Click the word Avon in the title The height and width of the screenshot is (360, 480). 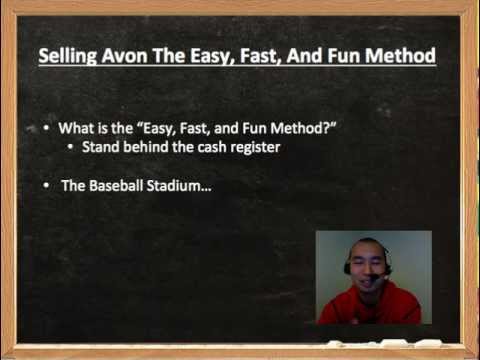[x=125, y=55]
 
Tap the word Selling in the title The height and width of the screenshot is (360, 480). [x=68, y=56]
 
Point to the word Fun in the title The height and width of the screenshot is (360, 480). [x=344, y=55]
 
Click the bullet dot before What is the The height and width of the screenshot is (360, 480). [x=46, y=128]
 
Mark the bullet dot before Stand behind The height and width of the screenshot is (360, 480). [x=70, y=147]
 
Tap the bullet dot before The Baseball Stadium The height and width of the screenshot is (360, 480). [x=46, y=185]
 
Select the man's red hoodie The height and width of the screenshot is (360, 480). [x=370, y=305]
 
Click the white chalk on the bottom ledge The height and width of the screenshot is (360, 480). [x=383, y=343]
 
